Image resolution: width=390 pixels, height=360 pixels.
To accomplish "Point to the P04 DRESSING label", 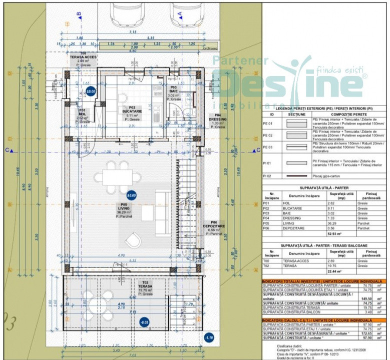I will coord(218,121).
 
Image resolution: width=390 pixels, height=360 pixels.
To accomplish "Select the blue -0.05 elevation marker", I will coord(144,322).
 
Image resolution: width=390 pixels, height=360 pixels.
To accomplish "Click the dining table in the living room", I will coord(118,176).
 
